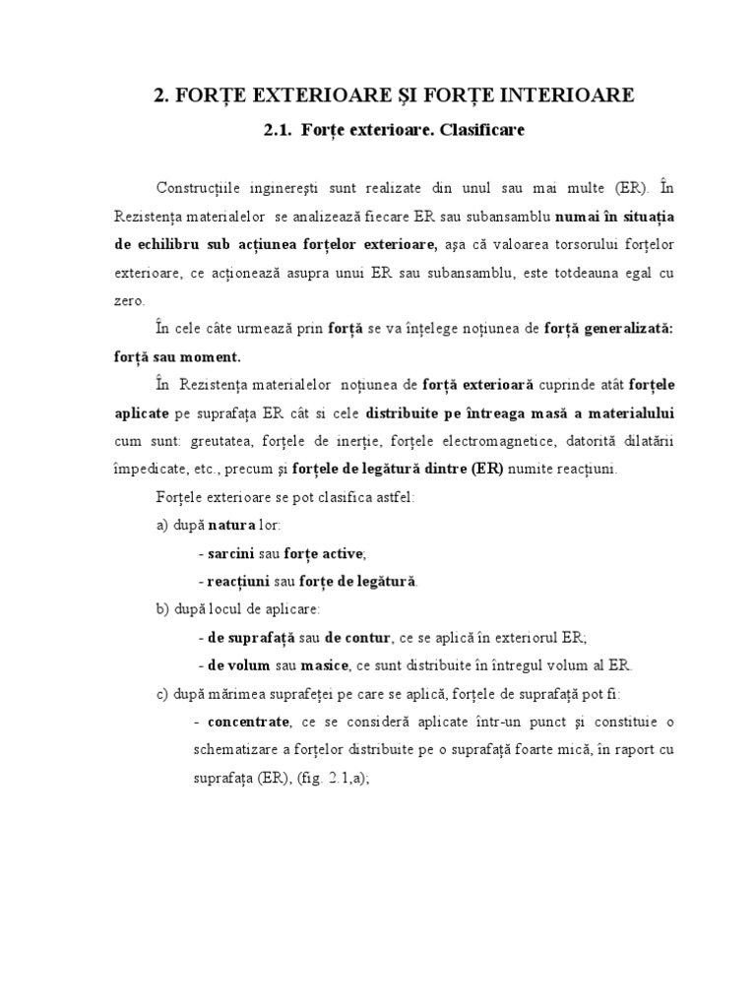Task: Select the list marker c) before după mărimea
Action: pos(163,692)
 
